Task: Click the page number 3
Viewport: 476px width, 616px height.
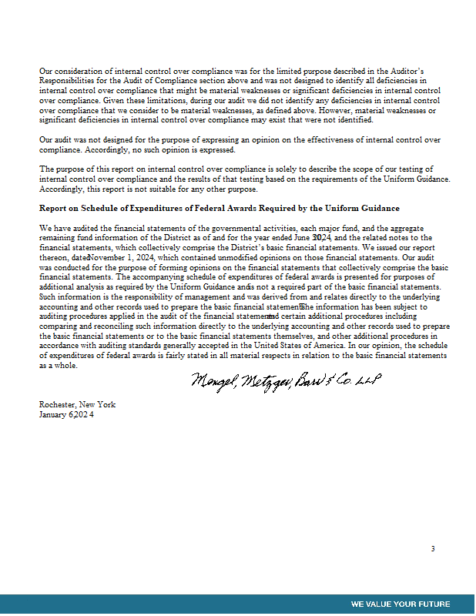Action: [433, 549]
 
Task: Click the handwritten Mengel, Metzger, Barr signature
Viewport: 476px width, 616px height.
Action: [286, 381]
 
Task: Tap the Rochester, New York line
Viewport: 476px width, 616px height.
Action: [77, 405]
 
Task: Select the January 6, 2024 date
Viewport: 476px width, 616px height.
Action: [66, 415]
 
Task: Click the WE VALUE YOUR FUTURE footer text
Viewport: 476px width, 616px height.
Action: [401, 604]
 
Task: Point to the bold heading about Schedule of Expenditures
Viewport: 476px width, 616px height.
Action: [220, 209]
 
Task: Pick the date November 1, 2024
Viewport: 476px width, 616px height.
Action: [120, 257]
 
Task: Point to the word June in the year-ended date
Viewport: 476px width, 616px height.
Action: [298, 238]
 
